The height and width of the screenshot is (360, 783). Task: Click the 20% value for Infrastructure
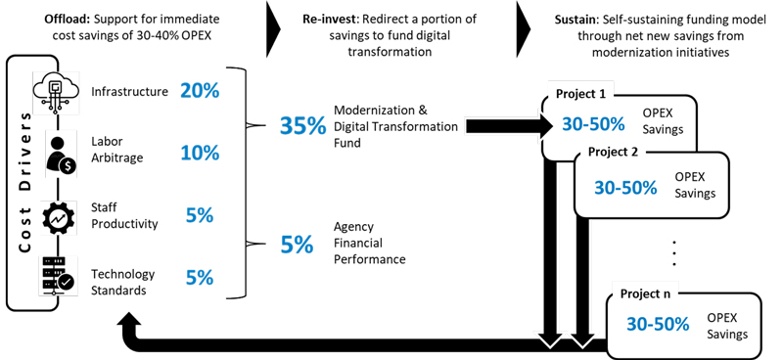click(x=200, y=91)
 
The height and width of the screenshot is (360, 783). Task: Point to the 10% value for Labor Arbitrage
click(x=200, y=153)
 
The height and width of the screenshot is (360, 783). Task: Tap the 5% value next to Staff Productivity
click(x=200, y=215)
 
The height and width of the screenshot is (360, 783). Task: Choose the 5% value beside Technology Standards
click(x=200, y=277)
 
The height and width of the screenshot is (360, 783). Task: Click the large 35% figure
click(x=301, y=126)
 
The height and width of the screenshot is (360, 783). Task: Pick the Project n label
click(x=647, y=293)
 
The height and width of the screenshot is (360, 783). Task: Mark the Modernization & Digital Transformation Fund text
click(x=395, y=126)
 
